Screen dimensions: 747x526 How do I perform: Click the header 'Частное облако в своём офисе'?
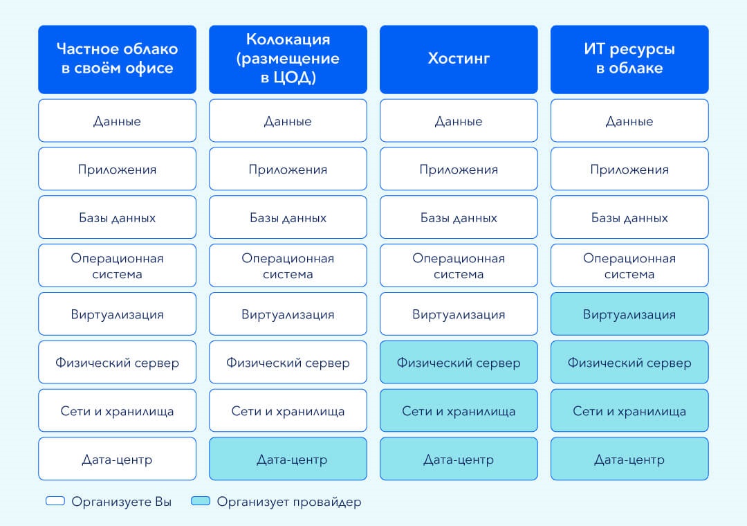coord(117,60)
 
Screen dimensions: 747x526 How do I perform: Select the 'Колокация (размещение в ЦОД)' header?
coord(288,60)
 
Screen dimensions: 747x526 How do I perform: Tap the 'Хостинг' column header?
coord(459,60)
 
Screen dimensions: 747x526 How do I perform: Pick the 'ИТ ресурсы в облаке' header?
coord(629,60)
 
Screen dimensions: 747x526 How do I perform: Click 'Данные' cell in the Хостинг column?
coord(459,120)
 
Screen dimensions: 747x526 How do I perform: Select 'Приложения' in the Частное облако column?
coord(117,169)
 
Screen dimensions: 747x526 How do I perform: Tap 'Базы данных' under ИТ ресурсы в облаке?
coord(629,217)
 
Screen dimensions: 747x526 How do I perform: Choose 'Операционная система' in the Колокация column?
coord(288,266)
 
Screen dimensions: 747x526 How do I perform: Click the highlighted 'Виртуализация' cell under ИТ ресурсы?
coord(629,314)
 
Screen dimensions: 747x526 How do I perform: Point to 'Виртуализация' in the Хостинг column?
coord(459,314)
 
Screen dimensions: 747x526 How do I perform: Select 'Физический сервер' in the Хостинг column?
coord(459,362)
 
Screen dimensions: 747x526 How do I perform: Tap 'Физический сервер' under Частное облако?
coord(117,362)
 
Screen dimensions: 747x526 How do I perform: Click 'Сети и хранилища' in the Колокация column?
coord(288,410)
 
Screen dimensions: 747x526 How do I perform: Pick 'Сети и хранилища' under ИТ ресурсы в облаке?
coord(629,410)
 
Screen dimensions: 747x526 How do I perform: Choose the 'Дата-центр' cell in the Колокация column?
coord(288,459)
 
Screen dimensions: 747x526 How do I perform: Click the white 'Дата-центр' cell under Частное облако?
coord(117,459)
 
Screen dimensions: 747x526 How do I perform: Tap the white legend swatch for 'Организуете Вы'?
coord(55,500)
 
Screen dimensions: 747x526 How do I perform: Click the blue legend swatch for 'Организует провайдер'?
coord(201,500)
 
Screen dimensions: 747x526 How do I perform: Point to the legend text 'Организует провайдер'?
coord(289,502)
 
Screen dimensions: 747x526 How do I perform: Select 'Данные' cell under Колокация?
coord(288,120)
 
